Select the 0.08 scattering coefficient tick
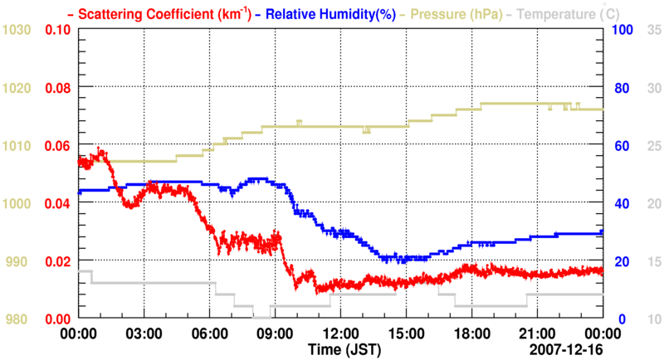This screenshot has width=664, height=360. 58,88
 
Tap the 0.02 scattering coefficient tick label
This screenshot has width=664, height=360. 58,261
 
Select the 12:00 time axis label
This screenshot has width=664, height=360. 340,333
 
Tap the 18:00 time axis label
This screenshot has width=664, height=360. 471,333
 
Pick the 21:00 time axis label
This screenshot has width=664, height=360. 537,333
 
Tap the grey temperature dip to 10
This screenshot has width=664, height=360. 262,318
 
